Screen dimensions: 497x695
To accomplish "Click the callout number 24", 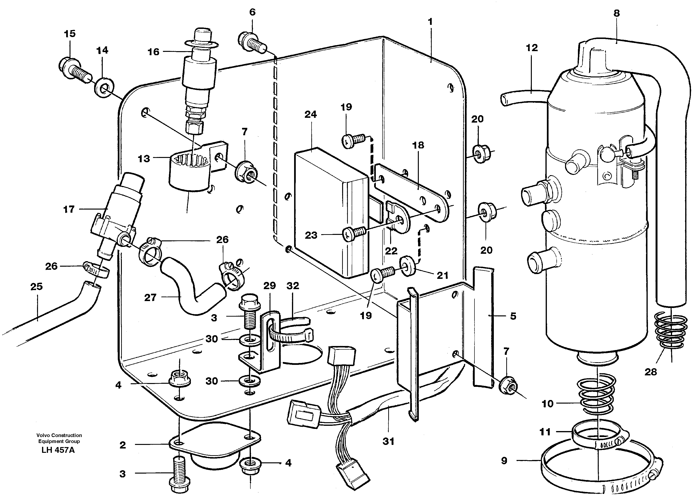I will pyautogui.click(x=310, y=114).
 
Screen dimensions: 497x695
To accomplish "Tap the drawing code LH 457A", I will pyautogui.click(x=58, y=450).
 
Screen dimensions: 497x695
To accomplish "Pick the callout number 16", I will pyautogui.click(x=153, y=52).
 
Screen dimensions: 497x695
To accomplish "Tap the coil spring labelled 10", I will pyautogui.click(x=597, y=395).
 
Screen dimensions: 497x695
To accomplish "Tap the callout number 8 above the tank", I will pyautogui.click(x=616, y=13).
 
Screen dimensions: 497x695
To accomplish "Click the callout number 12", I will pyautogui.click(x=532, y=48).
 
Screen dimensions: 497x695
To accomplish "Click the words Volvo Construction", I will pyautogui.click(x=59, y=435).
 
